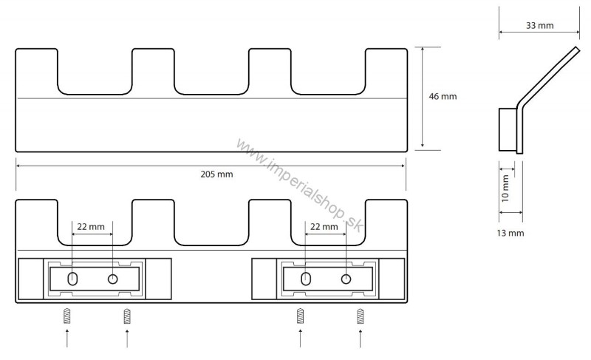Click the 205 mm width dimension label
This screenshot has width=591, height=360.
(216, 174)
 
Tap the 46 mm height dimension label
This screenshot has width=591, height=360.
(443, 97)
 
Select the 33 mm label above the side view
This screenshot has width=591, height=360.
(540, 26)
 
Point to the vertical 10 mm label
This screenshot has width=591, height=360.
(505, 189)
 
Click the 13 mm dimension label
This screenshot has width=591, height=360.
(510, 233)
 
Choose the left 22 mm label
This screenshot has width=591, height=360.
(91, 226)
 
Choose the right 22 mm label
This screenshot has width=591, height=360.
(324, 226)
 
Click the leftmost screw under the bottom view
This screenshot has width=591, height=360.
(67, 316)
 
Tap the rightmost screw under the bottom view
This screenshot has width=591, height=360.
(361, 316)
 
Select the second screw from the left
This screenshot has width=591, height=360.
(127, 316)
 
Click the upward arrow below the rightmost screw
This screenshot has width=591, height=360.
(361, 338)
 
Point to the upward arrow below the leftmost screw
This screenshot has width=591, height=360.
(67, 338)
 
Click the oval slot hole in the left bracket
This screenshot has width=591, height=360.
(72, 279)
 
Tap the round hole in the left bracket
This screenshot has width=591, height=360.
(113, 279)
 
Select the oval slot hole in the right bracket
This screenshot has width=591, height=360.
(306, 279)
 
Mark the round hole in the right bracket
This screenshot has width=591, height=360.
(346, 279)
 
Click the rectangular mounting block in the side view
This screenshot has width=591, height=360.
(508, 129)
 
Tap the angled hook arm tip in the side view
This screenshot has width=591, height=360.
(577, 49)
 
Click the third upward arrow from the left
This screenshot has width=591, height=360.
(301, 338)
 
